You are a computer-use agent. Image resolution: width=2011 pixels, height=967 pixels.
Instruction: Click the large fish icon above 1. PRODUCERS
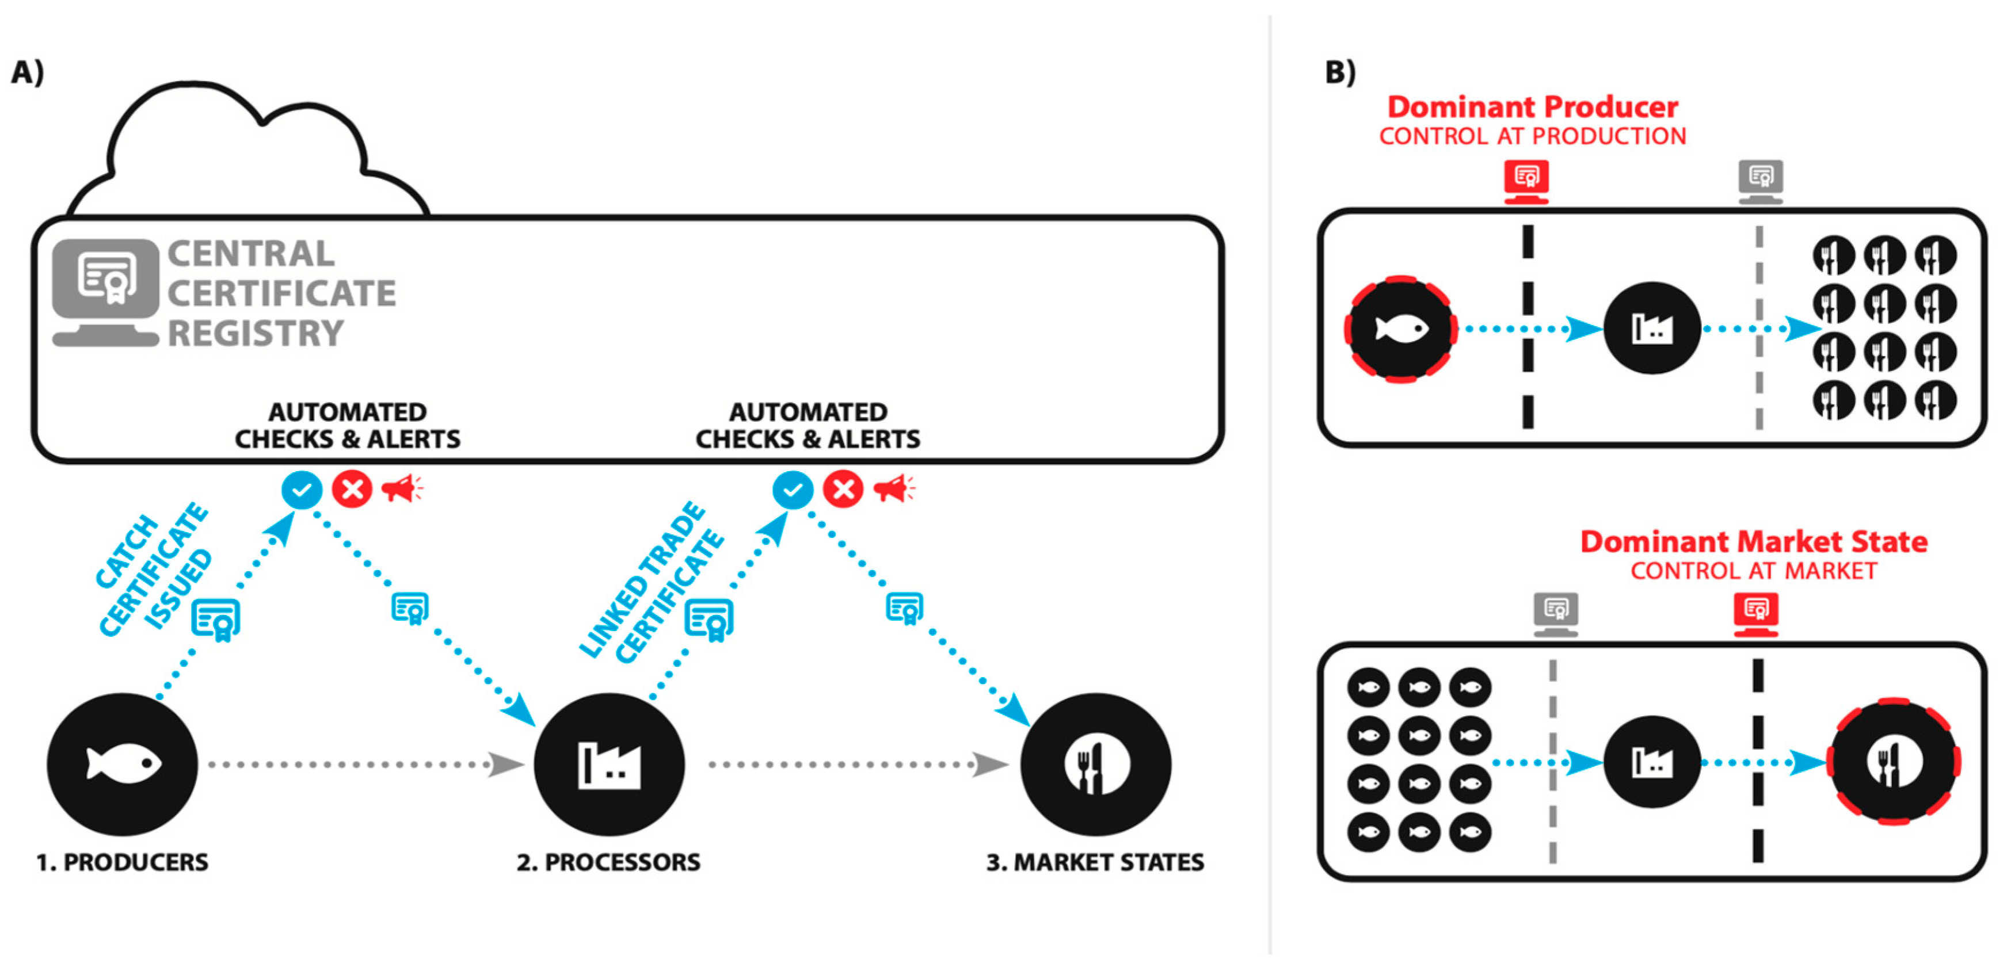(x=123, y=763)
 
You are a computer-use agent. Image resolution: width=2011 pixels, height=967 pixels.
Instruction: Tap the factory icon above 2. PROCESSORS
(x=609, y=763)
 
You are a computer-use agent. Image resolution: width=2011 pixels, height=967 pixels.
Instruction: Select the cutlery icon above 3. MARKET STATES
(x=1095, y=763)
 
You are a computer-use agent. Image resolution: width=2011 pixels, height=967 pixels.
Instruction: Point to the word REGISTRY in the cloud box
(x=256, y=333)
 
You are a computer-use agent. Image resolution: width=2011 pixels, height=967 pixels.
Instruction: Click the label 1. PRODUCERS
(x=123, y=862)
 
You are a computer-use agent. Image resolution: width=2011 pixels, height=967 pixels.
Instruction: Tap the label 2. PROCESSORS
(x=608, y=862)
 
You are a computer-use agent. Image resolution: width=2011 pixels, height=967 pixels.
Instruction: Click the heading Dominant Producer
(x=1533, y=107)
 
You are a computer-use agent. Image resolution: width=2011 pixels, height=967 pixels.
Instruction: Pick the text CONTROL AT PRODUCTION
(x=1533, y=136)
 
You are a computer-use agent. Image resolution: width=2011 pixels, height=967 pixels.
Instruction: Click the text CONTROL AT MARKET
(x=1753, y=571)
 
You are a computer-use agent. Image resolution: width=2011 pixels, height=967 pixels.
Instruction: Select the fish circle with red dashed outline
(x=1400, y=328)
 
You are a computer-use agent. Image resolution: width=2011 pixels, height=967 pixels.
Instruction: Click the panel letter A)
(x=27, y=72)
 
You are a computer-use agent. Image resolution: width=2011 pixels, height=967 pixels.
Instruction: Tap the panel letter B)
(x=1340, y=72)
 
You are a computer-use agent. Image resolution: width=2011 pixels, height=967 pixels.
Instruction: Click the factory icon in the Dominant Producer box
(x=1652, y=328)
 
